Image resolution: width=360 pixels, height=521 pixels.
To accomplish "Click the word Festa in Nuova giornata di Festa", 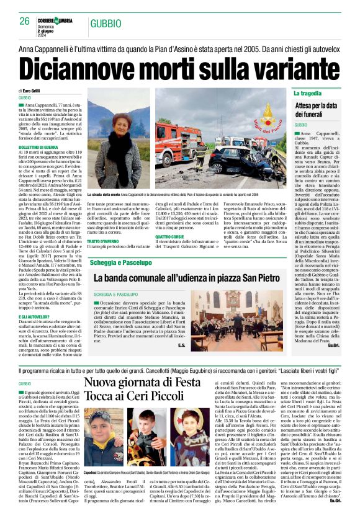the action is [202, 382].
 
